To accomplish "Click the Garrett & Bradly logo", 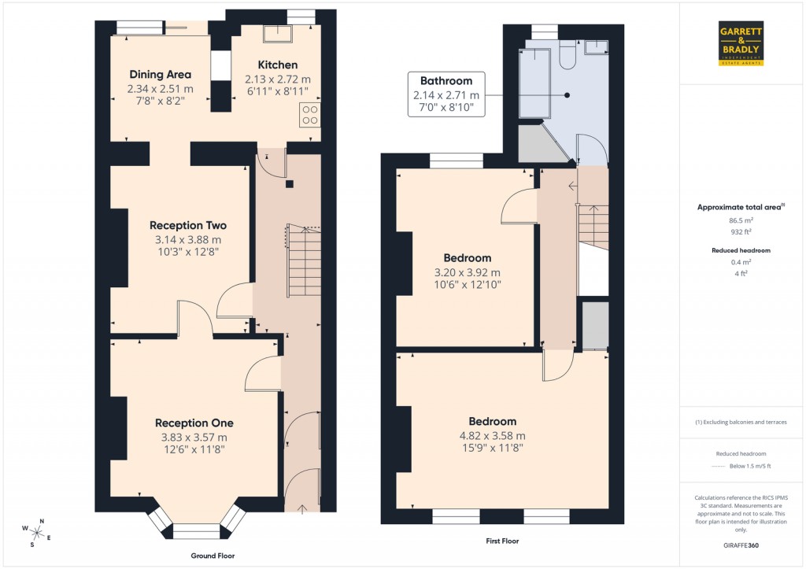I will [x=741, y=45].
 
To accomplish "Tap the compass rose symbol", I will [x=38, y=532].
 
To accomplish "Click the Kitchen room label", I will [x=278, y=65].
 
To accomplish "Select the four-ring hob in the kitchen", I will [x=310, y=115].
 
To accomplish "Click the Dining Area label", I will [x=161, y=75].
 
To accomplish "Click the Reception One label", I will [x=194, y=423].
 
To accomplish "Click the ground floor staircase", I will [x=304, y=260].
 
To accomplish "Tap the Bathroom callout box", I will [x=446, y=94].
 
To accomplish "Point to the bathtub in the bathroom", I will [x=533, y=83].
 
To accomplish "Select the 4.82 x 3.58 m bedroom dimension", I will [x=492, y=435].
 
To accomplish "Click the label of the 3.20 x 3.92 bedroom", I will [x=468, y=258].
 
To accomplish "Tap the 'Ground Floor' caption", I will [x=213, y=556].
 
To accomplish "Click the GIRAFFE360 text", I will [x=741, y=545].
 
